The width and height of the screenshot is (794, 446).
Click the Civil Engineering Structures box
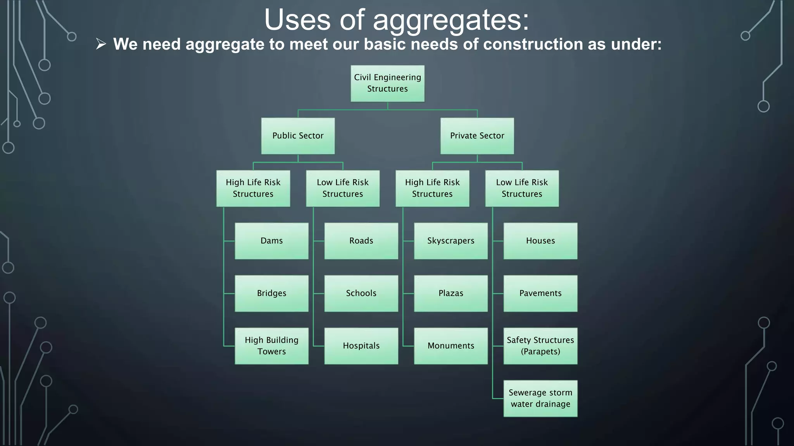(387, 83)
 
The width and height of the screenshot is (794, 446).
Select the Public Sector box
(298, 136)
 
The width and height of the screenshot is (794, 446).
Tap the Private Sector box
(477, 136)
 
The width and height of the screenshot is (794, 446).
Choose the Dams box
(271, 241)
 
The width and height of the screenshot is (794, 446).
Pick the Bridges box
(271, 293)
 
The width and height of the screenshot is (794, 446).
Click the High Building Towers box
(271, 346)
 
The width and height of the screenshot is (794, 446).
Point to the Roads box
(361, 241)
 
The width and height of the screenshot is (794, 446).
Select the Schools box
(361, 293)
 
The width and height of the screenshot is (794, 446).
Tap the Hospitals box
(361, 346)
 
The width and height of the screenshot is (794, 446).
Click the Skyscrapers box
(451, 241)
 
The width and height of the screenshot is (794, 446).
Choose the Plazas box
(451, 293)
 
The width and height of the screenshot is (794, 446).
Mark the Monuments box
(451, 346)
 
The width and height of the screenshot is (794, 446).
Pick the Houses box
(540, 241)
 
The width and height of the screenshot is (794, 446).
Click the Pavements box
(540, 293)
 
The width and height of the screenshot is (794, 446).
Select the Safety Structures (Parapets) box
(540, 346)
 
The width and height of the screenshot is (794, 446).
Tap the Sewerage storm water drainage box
(540, 398)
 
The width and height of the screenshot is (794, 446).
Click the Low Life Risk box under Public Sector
(343, 188)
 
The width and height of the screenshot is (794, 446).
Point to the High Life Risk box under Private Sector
(432, 188)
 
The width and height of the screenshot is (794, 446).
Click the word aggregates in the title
(451, 20)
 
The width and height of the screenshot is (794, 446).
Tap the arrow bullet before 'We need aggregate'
(101, 44)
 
